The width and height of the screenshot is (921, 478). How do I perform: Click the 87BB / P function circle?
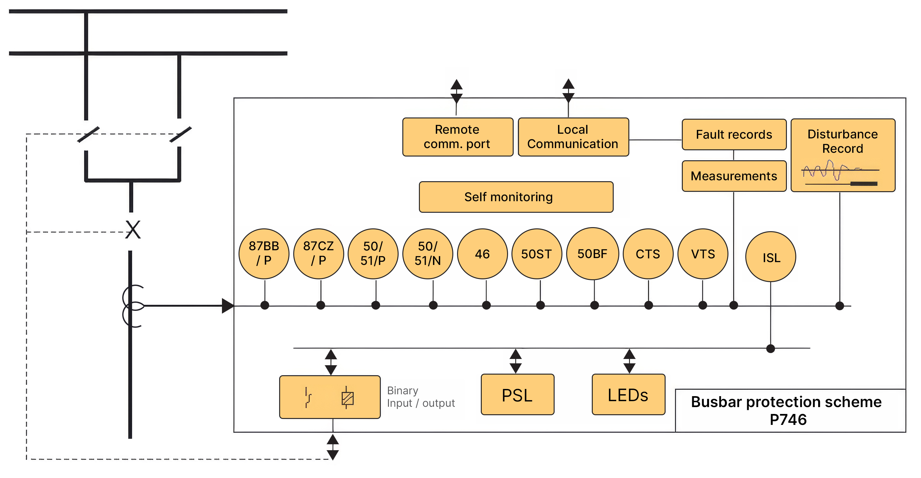click(264, 254)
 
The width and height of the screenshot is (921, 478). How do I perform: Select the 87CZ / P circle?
click(319, 254)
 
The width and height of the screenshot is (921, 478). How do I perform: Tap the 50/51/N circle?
click(428, 254)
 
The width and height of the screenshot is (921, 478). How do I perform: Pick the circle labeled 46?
click(482, 254)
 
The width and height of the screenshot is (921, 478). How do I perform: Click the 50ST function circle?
click(537, 254)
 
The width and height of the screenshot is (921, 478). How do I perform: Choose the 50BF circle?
click(592, 254)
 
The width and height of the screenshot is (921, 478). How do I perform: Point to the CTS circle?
click(648, 254)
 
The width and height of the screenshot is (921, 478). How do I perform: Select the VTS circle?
click(703, 254)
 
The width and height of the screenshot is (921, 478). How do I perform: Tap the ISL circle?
click(771, 257)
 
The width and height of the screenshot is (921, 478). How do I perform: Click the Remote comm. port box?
click(458, 137)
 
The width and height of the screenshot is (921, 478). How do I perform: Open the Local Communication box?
click(573, 137)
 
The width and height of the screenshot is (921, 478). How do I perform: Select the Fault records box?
click(734, 134)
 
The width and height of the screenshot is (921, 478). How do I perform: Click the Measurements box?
click(734, 176)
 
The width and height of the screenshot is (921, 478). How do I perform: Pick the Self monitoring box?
click(516, 197)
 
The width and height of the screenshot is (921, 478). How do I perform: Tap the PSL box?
click(517, 394)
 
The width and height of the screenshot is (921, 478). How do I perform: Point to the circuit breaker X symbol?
click(133, 229)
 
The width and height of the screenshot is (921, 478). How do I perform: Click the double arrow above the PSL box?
click(516, 361)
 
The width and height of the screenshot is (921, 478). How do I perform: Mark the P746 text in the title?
click(788, 419)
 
